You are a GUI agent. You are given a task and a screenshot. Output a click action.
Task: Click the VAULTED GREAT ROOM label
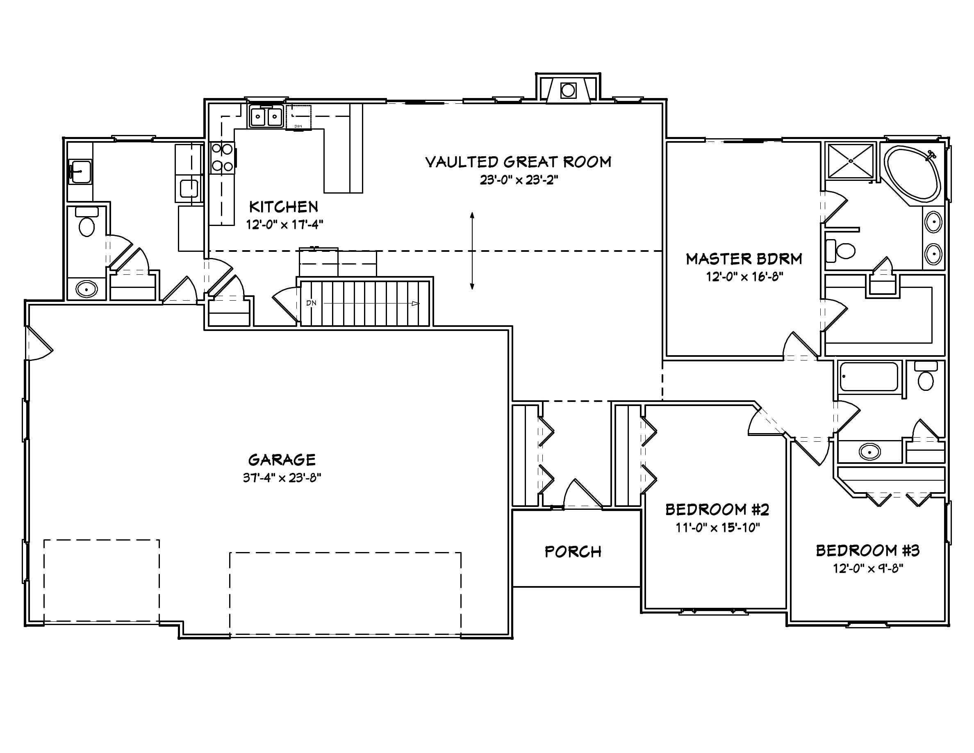518,162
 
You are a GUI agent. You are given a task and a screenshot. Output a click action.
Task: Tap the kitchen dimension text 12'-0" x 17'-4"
284,224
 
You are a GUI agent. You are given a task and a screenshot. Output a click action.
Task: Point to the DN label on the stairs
311,303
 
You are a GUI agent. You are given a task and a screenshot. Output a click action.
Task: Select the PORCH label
573,552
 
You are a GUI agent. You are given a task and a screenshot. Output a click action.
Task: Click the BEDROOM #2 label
717,509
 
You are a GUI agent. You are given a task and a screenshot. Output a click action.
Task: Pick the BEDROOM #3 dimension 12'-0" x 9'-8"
867,568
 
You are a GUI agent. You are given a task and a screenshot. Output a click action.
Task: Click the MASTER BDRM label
744,259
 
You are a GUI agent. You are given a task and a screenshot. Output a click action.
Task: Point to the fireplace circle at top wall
567,91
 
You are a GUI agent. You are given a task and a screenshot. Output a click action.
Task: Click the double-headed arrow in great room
472,251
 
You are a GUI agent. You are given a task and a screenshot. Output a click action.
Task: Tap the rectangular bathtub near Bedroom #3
868,377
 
